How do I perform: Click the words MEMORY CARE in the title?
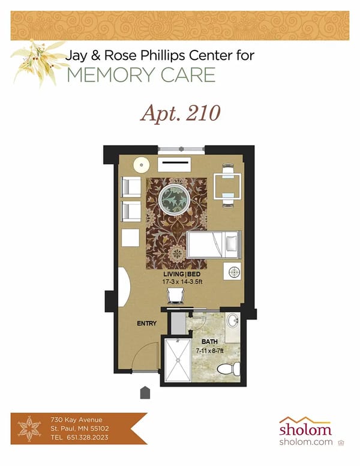[141, 75]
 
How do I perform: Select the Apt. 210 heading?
[180, 113]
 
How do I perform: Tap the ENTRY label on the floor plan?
[146, 324]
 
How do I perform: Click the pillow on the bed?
[231, 244]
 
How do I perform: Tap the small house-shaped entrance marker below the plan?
[145, 393]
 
